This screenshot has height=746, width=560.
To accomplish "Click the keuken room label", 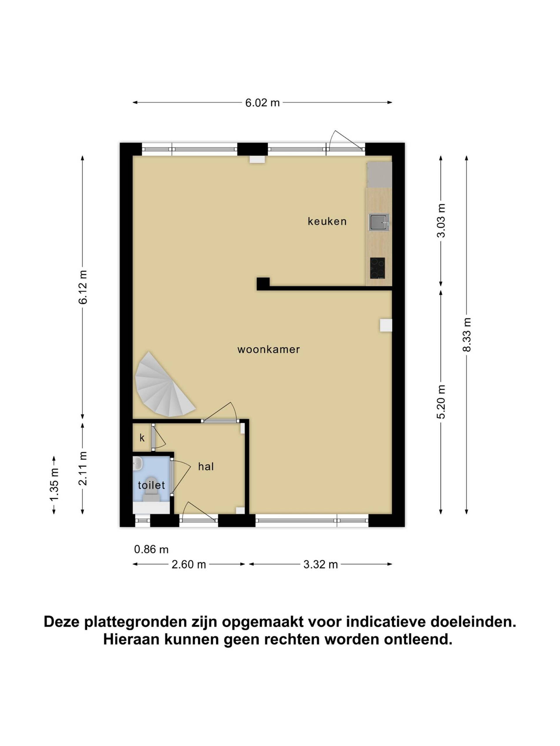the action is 327,221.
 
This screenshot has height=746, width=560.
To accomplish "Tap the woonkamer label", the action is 268,349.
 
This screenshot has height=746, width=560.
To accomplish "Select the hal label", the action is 206,467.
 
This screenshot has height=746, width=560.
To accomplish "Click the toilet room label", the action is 151,485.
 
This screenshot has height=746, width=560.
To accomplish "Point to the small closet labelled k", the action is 142,438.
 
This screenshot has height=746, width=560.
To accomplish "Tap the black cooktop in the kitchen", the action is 377,268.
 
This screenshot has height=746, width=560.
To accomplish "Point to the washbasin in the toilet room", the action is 138,464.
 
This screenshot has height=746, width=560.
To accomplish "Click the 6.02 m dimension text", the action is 262,103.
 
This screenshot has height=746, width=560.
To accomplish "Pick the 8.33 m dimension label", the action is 466,335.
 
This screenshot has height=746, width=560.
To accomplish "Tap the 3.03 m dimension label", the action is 441,221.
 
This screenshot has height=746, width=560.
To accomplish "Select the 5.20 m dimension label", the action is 441,402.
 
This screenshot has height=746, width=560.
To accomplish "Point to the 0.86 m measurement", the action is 151,549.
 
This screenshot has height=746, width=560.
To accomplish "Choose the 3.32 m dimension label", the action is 320,564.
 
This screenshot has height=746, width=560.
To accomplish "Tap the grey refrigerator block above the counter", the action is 379,175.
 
